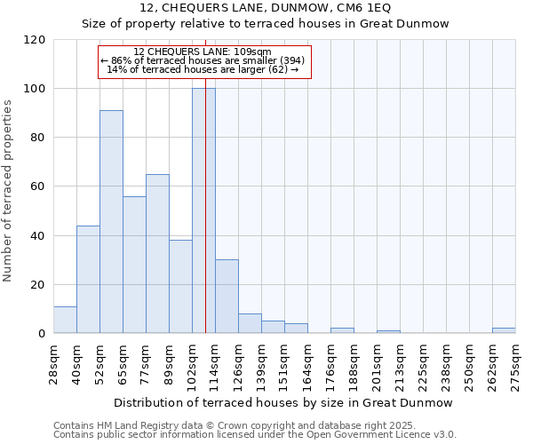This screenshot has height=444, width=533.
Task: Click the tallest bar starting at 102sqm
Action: pyautogui.click(x=203, y=210)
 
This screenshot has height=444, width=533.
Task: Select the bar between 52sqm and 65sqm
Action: pyautogui.click(x=111, y=221)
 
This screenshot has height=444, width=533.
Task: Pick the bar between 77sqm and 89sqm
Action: pyautogui.click(x=157, y=253)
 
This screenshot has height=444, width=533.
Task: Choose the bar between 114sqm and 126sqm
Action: pyautogui.click(x=227, y=296)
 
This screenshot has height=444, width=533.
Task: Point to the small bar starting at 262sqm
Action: pyautogui.click(x=504, y=330)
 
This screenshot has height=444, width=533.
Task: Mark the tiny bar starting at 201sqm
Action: pyautogui.click(x=388, y=331)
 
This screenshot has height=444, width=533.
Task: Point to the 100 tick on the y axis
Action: pyautogui.click(x=36, y=89)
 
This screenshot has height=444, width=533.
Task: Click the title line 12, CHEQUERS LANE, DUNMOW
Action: pyautogui.click(x=266, y=9)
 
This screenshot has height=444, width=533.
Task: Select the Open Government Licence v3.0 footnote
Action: pyautogui.click(x=254, y=434)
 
